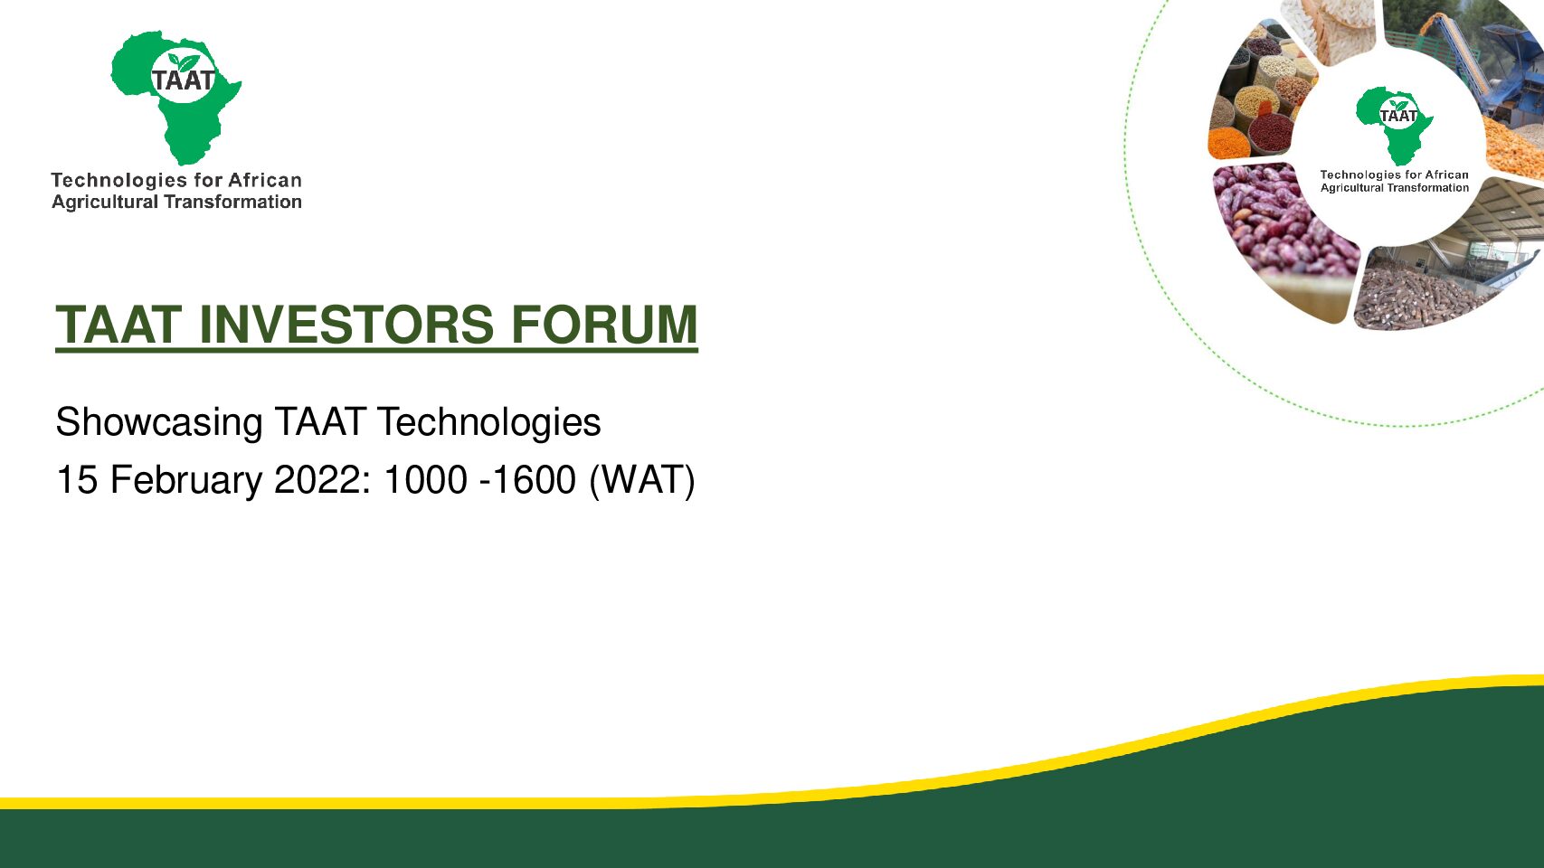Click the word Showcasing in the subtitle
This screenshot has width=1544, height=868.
click(159, 423)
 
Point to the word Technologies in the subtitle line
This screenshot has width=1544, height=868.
click(489, 423)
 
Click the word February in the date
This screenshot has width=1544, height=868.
click(186, 480)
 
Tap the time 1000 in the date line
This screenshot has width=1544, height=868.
click(425, 479)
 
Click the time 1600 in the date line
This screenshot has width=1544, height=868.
click(535, 479)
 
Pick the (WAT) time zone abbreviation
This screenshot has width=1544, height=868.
click(641, 480)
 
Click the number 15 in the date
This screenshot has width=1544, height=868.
click(77, 479)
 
